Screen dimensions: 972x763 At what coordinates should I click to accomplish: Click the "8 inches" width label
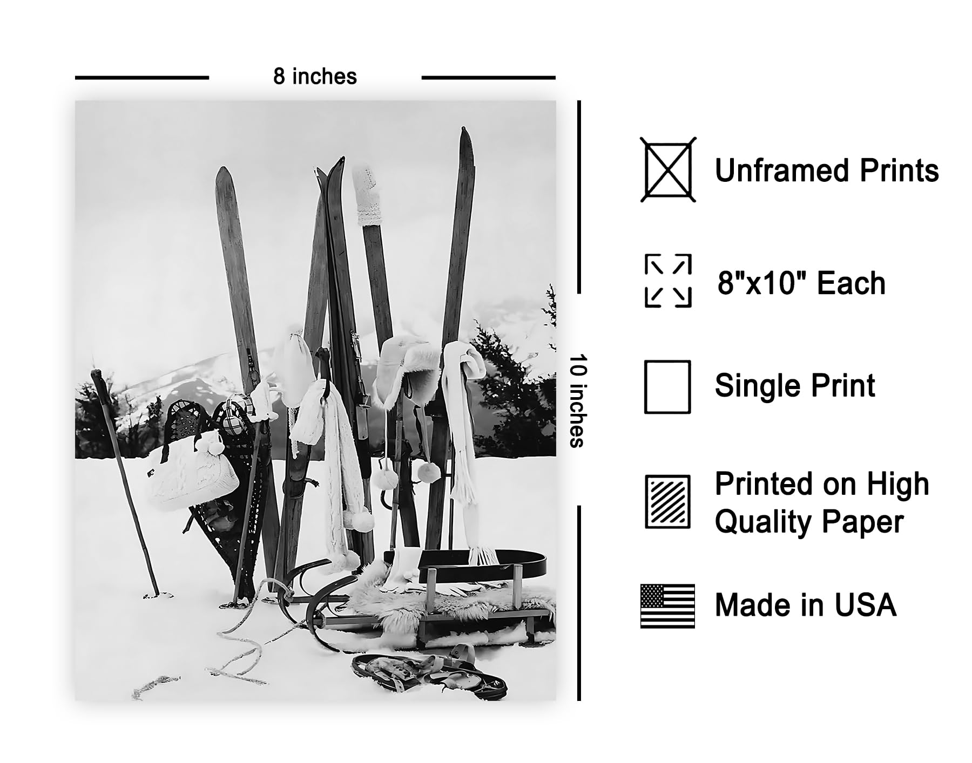(x=315, y=77)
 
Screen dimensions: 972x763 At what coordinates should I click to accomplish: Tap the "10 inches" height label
(x=577, y=401)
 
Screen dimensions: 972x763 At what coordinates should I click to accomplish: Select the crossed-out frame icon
(x=668, y=170)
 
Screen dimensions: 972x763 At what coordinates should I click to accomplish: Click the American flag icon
(x=667, y=606)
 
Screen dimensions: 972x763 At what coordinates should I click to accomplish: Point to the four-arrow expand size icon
(x=668, y=281)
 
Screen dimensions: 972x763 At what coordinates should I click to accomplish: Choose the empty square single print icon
(x=667, y=387)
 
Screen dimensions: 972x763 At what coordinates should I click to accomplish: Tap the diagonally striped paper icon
(x=667, y=502)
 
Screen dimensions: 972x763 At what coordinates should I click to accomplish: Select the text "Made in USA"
(x=806, y=605)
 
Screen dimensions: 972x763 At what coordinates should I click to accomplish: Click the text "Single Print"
(x=795, y=386)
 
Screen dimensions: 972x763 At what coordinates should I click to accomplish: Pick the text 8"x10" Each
(x=801, y=283)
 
